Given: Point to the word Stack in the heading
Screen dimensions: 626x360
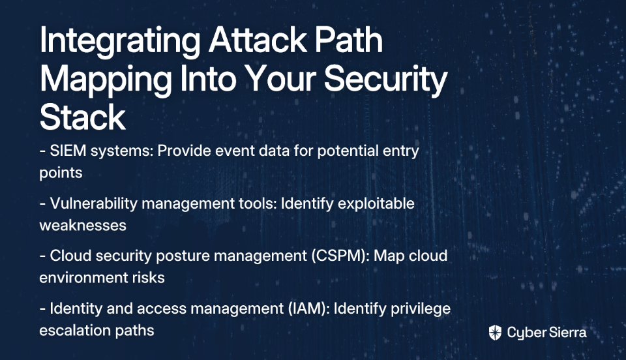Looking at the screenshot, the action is [x=83, y=117].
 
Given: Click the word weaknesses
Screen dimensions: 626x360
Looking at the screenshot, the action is [x=83, y=226].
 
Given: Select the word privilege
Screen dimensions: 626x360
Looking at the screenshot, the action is [x=421, y=309].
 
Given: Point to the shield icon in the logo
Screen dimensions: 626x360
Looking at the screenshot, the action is [x=495, y=333].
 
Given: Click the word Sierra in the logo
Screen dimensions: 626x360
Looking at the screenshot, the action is [x=567, y=332].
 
